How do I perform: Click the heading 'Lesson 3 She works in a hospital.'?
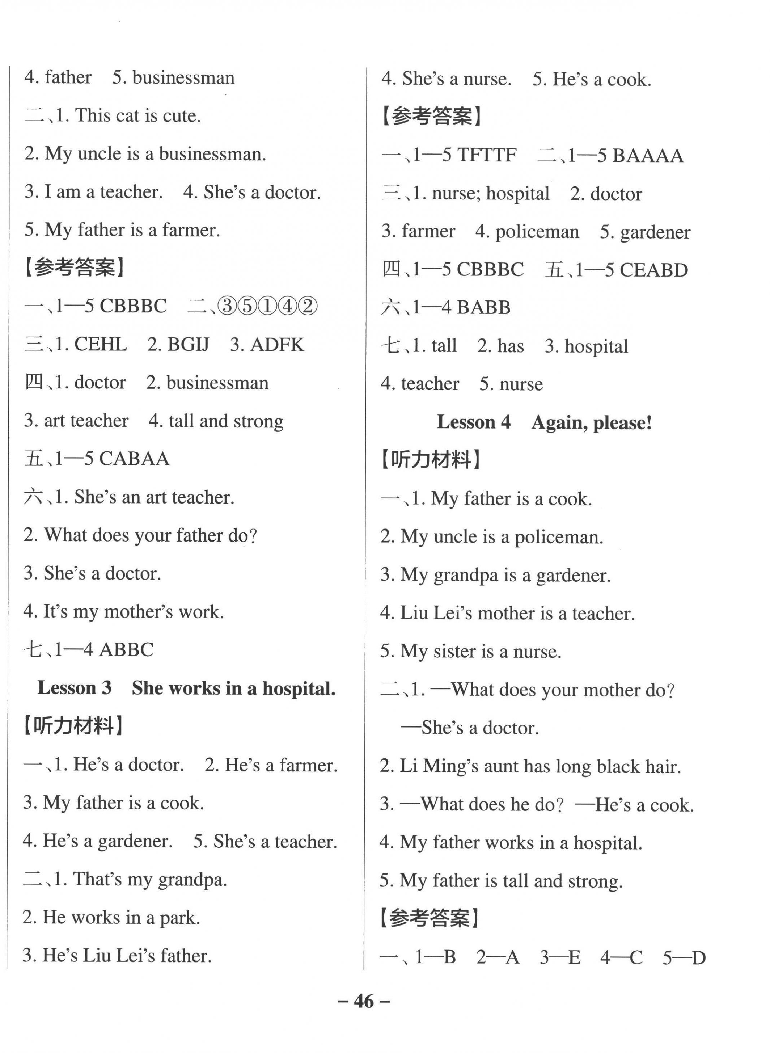click(x=186, y=688)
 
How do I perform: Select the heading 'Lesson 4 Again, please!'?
click(x=544, y=422)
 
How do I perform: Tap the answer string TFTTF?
click(x=487, y=155)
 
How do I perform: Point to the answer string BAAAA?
click(x=648, y=156)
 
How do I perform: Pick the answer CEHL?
click(x=100, y=345)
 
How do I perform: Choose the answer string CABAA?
click(x=134, y=459)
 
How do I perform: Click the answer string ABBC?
click(x=126, y=650)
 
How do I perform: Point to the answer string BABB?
click(x=483, y=308)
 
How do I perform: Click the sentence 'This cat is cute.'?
click(x=138, y=116)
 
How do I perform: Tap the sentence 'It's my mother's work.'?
click(x=123, y=611)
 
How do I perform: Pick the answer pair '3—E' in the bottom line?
click(x=560, y=957)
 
